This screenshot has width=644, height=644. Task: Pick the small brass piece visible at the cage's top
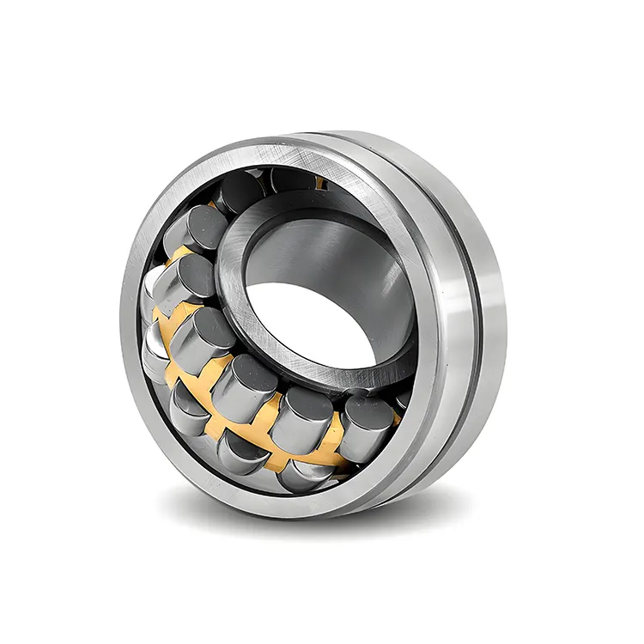pos(320,183)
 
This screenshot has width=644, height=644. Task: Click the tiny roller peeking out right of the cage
pos(402,400)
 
